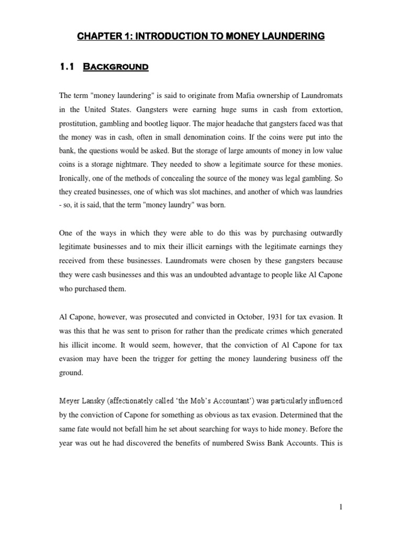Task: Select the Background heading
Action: click(x=119, y=66)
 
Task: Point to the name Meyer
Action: click(x=70, y=401)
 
